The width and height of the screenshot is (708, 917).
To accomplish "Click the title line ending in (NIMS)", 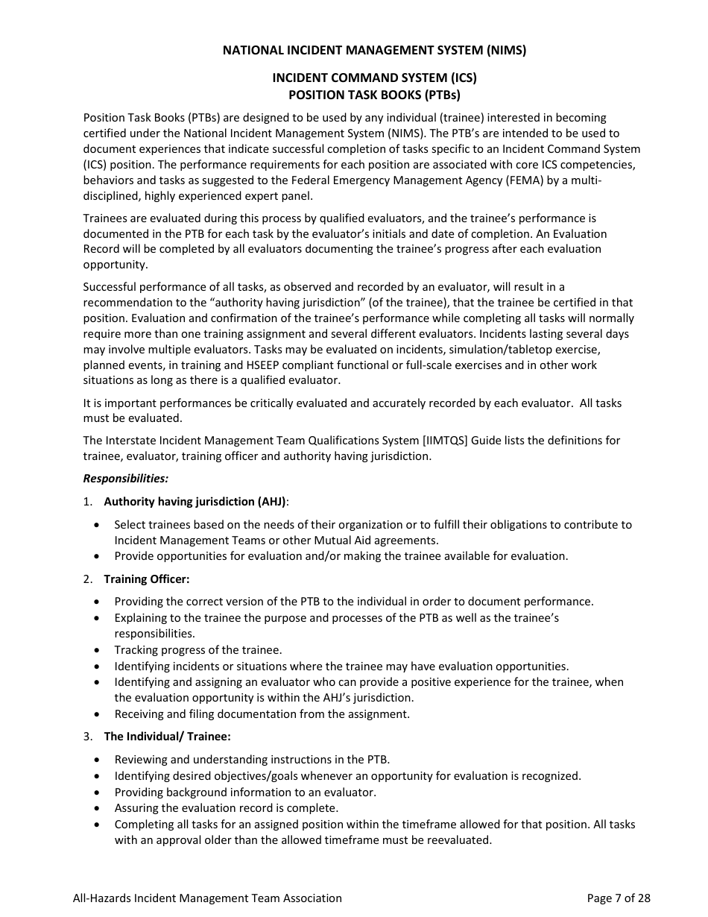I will (x=374, y=51).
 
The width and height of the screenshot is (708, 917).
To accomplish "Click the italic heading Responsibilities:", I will (x=125, y=478).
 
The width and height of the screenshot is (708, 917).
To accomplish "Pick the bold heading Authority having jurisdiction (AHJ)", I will (x=195, y=502).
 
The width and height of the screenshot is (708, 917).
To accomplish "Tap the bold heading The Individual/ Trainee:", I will (x=167, y=737).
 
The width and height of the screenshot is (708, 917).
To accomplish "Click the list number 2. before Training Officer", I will (x=88, y=579).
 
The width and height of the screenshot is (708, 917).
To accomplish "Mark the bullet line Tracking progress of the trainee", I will (x=197, y=650).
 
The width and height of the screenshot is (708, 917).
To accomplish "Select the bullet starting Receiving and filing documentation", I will (x=262, y=714).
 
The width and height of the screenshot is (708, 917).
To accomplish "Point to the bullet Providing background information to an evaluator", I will (x=244, y=792).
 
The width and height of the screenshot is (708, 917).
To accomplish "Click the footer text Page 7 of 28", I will (x=618, y=898).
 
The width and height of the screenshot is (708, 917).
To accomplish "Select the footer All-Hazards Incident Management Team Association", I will (x=207, y=898).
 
